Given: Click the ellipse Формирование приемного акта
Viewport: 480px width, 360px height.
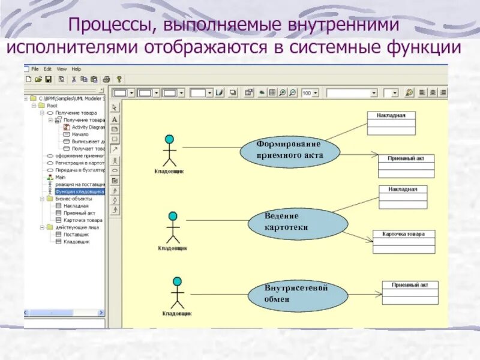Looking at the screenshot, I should pyautogui.click(x=289, y=150).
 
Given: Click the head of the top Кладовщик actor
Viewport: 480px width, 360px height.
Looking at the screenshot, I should pyautogui.click(x=170, y=140).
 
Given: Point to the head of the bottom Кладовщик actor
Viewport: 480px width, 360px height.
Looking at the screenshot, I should pyautogui.click(x=177, y=281).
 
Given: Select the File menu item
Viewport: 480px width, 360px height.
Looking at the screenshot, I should pyautogui.click(x=35, y=69).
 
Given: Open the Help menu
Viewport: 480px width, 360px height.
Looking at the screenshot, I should pyautogui.click(x=76, y=69).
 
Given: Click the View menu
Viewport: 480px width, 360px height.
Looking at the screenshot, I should pyautogui.click(x=62, y=69).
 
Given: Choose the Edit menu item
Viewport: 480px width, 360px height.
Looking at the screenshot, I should pyautogui.click(x=48, y=69).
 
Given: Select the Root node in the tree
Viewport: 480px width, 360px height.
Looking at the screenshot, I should pyautogui.click(x=52, y=105).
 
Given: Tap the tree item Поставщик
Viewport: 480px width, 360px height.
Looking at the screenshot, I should pyautogui.click(x=76, y=235).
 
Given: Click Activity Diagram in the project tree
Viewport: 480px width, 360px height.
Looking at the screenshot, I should pyautogui.click(x=88, y=127).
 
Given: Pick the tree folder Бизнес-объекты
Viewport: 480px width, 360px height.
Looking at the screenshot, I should pyautogui.click(x=73, y=199).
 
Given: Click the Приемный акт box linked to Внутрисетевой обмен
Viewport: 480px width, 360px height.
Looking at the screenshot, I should pyautogui.click(x=410, y=292).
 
